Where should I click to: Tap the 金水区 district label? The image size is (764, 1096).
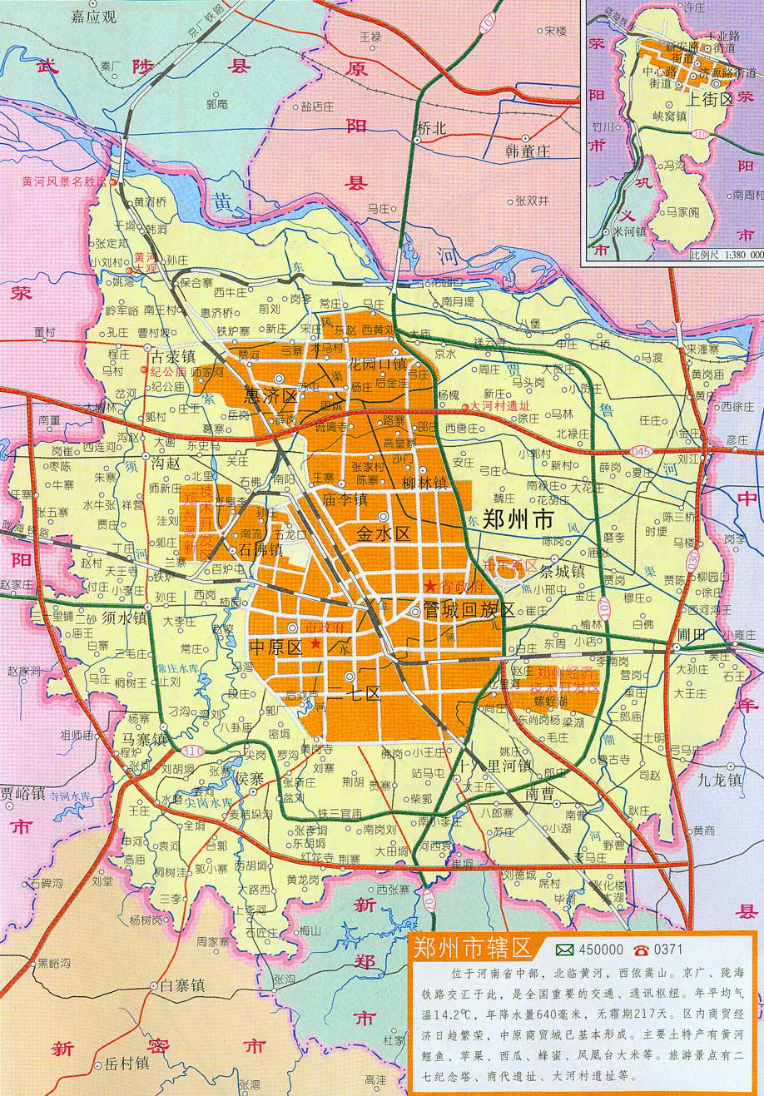(384, 534)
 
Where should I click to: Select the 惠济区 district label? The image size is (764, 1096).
(271, 395)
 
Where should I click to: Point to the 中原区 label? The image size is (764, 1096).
(275, 647)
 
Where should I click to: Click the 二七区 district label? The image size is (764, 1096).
(357, 693)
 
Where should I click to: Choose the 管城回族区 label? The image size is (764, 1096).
(469, 610)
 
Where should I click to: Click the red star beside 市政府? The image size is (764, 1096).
(315, 643)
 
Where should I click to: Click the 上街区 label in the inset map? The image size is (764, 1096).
(710, 98)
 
